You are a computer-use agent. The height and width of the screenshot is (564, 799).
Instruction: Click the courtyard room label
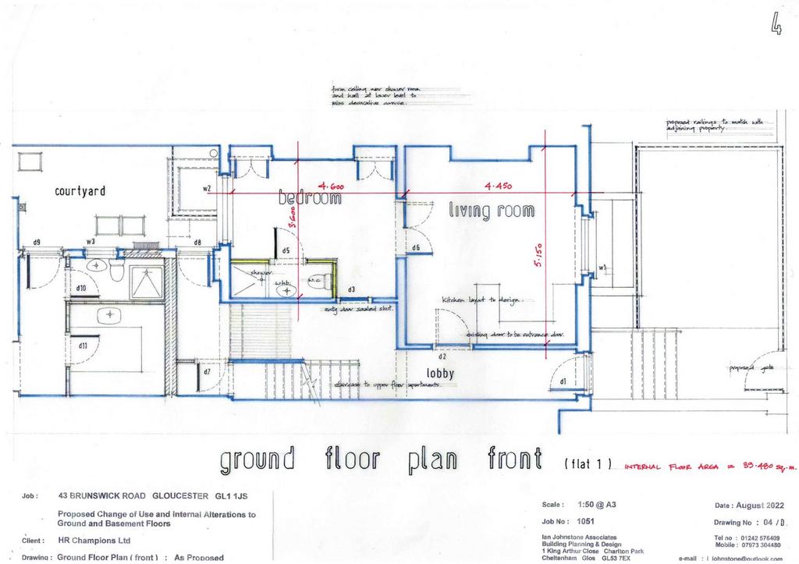(x=80, y=190)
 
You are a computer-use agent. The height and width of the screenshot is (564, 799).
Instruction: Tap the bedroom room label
(x=310, y=199)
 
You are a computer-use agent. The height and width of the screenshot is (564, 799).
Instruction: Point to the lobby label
(x=440, y=373)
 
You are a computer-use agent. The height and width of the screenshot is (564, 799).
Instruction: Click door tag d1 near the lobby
(x=563, y=381)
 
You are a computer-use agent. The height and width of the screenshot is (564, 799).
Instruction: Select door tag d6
(x=416, y=248)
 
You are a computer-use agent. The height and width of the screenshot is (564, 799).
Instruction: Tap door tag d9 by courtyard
(x=37, y=243)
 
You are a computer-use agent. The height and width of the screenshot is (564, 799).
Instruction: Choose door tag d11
(x=83, y=345)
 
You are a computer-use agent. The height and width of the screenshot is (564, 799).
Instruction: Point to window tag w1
(x=603, y=269)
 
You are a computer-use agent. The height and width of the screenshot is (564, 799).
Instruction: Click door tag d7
(x=207, y=371)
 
